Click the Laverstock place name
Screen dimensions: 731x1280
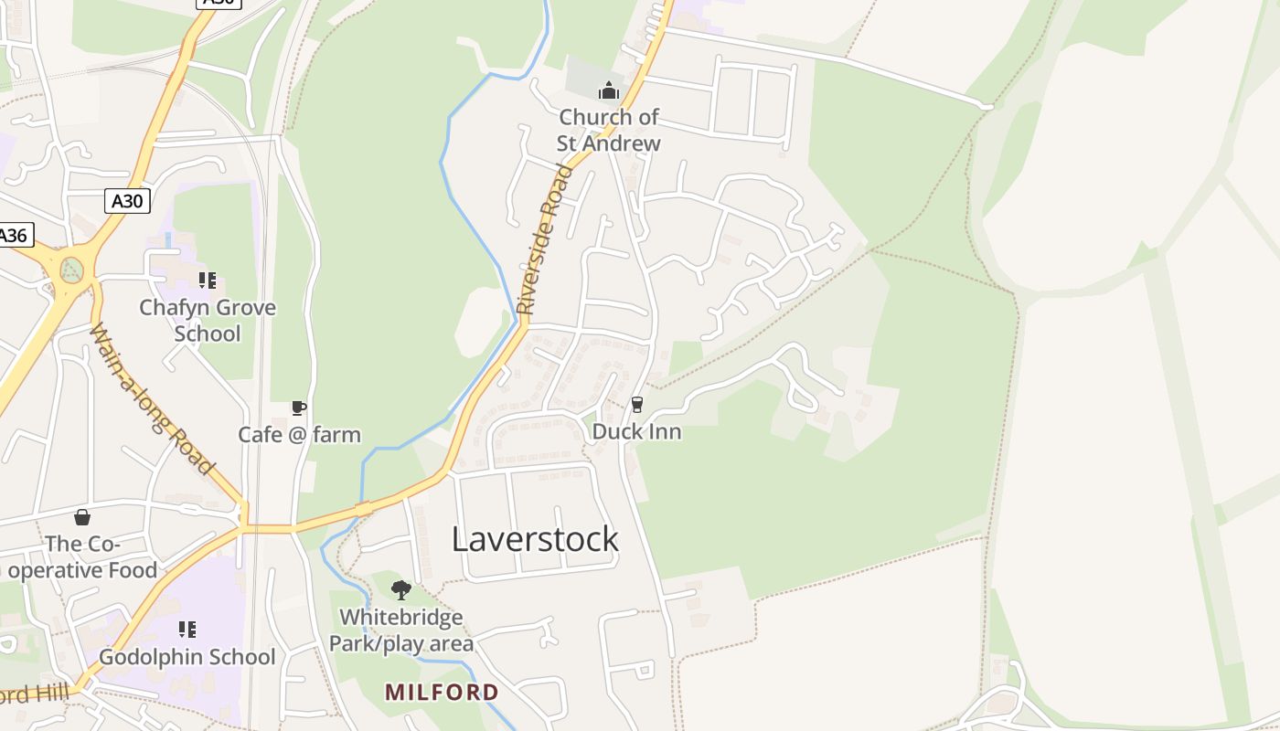(x=535, y=539)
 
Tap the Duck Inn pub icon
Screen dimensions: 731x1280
(x=637, y=404)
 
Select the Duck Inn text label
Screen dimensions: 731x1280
(x=637, y=431)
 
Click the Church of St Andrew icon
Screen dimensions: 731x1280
(x=609, y=90)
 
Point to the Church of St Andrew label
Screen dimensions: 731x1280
(x=609, y=131)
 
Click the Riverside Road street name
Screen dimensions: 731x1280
(x=545, y=239)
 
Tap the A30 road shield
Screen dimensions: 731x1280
(x=127, y=201)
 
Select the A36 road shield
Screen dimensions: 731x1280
(x=13, y=235)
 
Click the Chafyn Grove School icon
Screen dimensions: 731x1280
(x=208, y=281)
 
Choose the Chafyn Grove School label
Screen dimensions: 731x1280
(x=208, y=321)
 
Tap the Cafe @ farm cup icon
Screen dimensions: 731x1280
(x=298, y=408)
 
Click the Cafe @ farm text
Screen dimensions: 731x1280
(x=300, y=434)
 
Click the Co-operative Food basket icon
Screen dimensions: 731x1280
(x=82, y=518)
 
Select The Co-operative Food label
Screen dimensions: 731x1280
(x=82, y=557)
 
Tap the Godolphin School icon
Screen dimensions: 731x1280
(x=187, y=630)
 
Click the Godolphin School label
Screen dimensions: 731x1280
(x=187, y=657)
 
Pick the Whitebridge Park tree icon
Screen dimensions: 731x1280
(x=400, y=590)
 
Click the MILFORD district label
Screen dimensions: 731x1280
(x=442, y=692)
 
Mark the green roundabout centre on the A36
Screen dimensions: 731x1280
(x=71, y=270)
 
